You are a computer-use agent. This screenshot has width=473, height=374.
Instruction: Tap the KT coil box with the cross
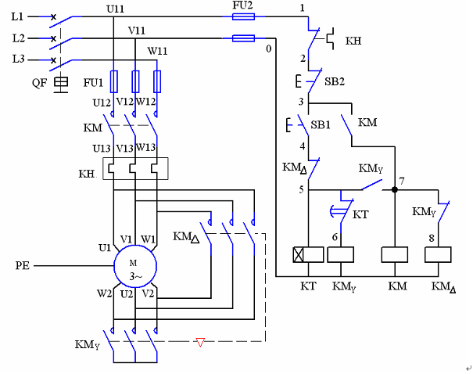tap(309, 254)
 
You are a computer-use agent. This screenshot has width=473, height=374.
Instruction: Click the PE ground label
tap(23, 266)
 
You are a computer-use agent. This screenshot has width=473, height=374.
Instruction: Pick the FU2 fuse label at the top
tap(242, 5)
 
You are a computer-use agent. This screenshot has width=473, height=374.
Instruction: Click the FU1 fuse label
tap(94, 83)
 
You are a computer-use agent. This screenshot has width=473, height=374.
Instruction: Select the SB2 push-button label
tap(335, 80)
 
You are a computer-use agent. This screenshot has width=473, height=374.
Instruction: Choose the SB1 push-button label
tap(321, 124)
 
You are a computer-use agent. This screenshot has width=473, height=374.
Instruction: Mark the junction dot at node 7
tap(395, 189)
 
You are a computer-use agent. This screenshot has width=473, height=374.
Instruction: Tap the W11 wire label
tap(158, 51)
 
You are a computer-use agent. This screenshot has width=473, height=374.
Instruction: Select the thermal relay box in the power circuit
tap(135, 168)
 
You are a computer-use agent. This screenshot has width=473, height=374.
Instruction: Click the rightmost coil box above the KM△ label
tap(439, 254)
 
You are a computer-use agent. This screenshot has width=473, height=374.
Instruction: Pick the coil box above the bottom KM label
tap(395, 254)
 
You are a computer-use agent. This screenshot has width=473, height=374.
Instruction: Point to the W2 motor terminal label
tap(104, 293)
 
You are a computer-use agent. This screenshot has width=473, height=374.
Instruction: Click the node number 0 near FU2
tap(268, 49)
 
